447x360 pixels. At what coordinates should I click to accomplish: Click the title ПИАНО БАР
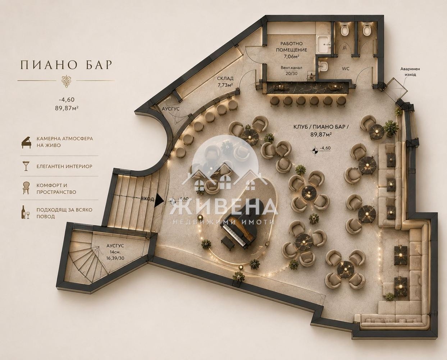66,65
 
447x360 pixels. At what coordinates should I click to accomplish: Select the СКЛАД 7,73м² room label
225,81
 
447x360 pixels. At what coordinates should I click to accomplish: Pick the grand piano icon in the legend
26,142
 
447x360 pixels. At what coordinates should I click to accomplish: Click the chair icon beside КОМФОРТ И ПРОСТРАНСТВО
26,188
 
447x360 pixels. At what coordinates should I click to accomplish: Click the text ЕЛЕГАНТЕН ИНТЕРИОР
64,167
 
